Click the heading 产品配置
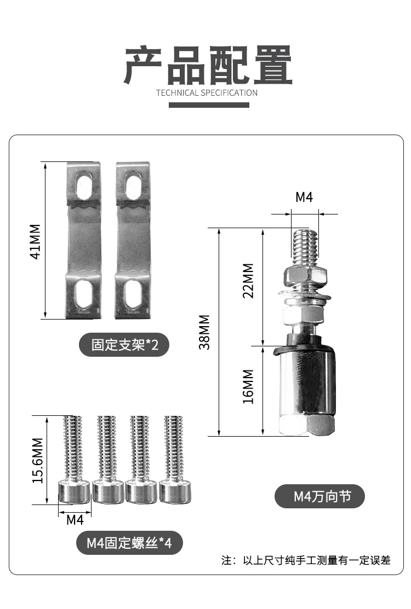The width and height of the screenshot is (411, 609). pos(208,65)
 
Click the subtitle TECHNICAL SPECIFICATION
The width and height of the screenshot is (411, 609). pos(207,92)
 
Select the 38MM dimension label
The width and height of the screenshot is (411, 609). pos(204,332)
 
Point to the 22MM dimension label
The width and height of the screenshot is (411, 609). pos(248,281)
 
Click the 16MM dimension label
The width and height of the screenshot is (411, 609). pos(248,386)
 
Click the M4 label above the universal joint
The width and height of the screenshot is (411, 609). pos(304,198)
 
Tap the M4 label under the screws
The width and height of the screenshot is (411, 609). pos(75,520)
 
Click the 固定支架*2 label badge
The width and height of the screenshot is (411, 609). pos(124,345)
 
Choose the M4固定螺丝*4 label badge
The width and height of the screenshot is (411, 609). pos(129,543)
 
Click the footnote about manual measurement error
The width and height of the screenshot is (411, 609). pos(306,560)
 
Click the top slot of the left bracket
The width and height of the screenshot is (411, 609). pos(84,184)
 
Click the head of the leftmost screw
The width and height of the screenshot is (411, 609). pos(73,491)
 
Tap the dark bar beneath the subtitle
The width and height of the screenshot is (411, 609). pos(209,105)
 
